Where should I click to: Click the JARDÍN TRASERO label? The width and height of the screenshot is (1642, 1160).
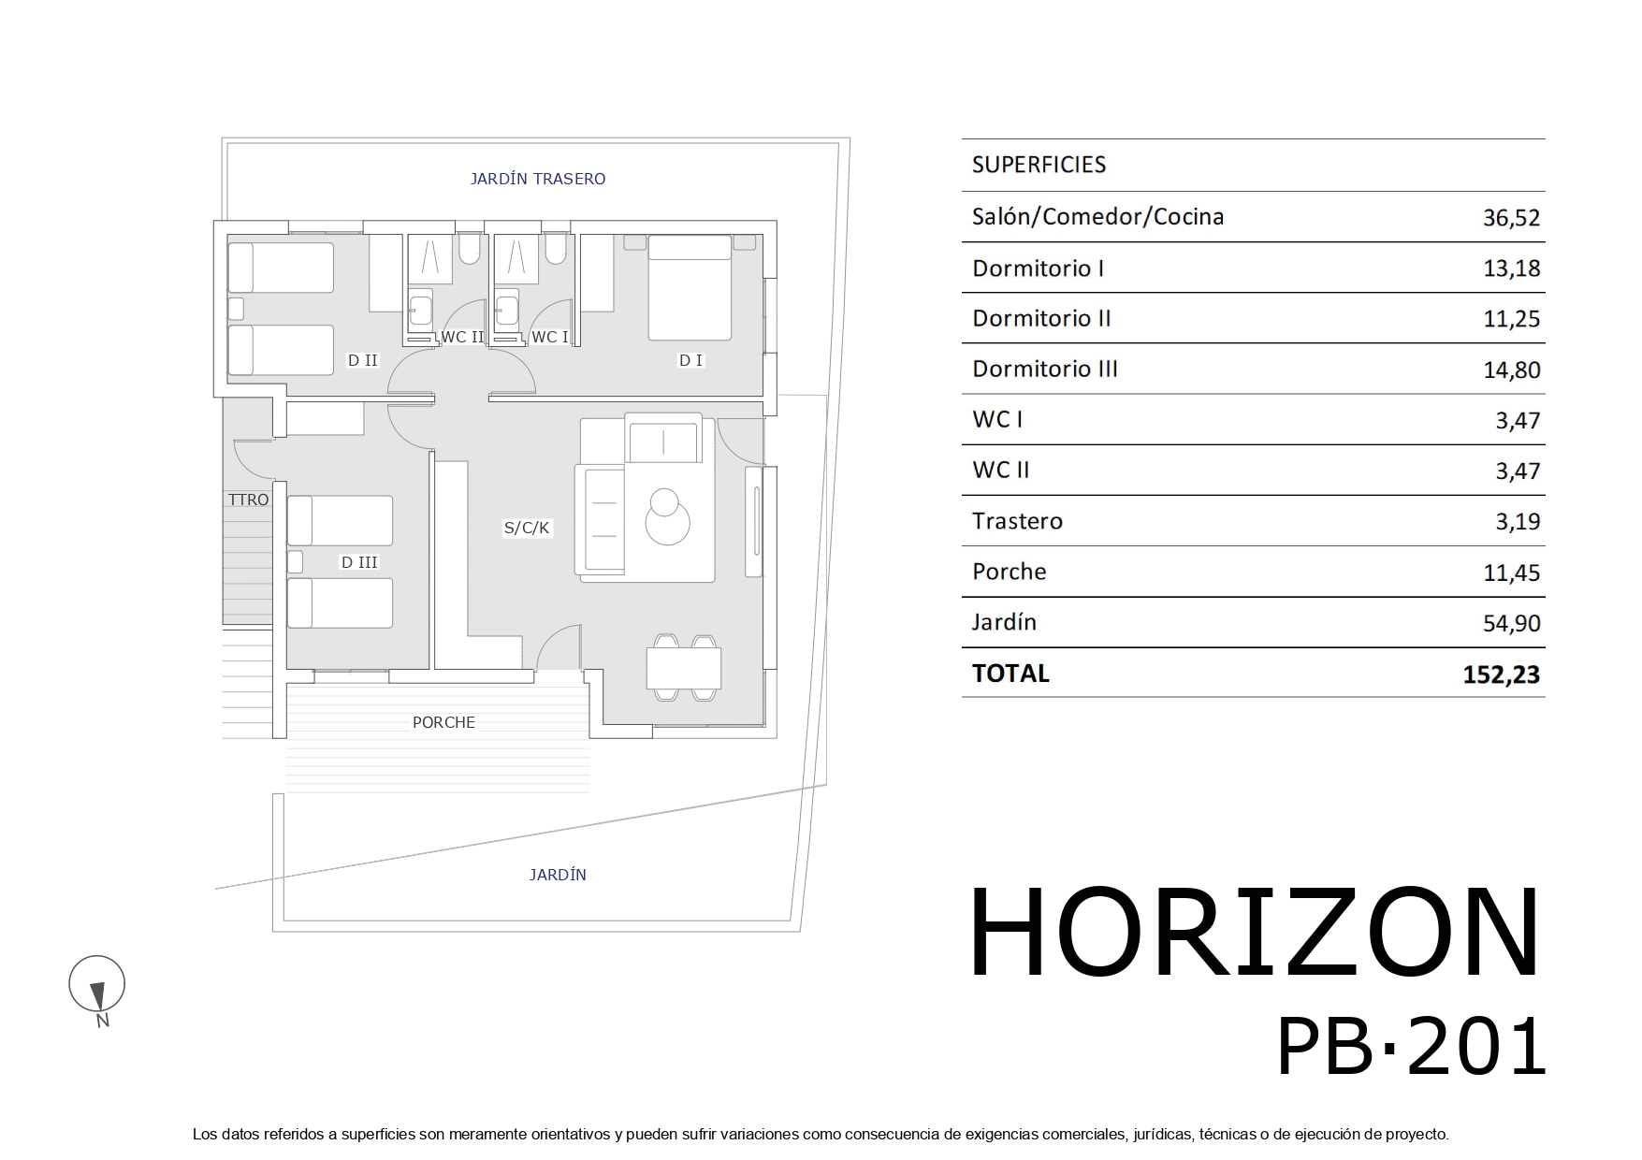pyautogui.click(x=537, y=179)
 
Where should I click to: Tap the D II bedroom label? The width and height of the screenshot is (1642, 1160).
pyautogui.click(x=363, y=360)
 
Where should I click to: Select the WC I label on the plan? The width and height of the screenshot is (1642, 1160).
pyautogui.click(x=549, y=337)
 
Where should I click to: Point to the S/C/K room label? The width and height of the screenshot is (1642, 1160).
pyautogui.click(x=527, y=528)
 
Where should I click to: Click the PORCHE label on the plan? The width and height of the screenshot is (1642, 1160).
pyautogui.click(x=443, y=722)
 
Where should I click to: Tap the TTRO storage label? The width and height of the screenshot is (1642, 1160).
pyautogui.click(x=248, y=500)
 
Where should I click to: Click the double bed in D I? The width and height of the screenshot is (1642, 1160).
pyautogui.click(x=690, y=287)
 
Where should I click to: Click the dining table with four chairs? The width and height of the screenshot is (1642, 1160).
pyautogui.click(x=683, y=668)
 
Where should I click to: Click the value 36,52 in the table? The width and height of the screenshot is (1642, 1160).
pyautogui.click(x=1511, y=218)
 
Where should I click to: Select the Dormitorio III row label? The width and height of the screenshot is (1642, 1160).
pyautogui.click(x=1045, y=369)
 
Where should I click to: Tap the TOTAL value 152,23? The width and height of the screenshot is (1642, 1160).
pyautogui.click(x=1501, y=674)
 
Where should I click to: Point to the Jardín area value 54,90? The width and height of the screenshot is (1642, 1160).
pyautogui.click(x=1511, y=623)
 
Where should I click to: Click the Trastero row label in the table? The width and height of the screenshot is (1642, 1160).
pyautogui.click(x=1017, y=521)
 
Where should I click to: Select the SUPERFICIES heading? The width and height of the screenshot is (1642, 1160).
pyautogui.click(x=1039, y=165)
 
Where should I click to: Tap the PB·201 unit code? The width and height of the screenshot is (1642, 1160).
pyautogui.click(x=1411, y=1049)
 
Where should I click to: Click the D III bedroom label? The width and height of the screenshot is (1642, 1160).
pyautogui.click(x=359, y=562)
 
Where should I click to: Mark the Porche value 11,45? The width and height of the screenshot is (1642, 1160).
pyautogui.click(x=1511, y=573)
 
